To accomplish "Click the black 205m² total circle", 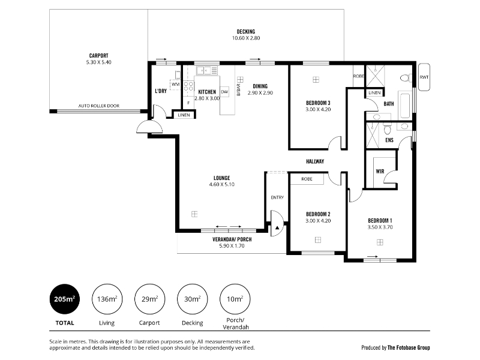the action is point(65,299).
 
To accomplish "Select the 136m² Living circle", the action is point(107,299).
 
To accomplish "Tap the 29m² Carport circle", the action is point(149,299).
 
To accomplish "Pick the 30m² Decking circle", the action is point(192,299).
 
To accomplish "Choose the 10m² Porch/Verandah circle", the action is point(235,299).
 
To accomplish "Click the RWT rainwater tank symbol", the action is point(424,77).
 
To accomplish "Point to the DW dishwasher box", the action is point(224,92).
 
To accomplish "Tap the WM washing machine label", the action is point(176,84).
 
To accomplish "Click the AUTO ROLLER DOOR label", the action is point(99,106).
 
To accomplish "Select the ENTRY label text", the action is point(277,197).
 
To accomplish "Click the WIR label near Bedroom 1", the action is point(380,172).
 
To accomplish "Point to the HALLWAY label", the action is point(315,161).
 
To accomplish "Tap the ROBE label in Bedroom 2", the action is point(307,179).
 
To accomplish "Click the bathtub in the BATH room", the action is point(404,104).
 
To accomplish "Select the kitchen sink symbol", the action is point(207,71).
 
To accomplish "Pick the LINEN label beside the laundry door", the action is point(184,115).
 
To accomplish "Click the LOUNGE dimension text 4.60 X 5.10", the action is point(221,184).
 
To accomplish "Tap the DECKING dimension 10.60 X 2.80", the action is point(246,38).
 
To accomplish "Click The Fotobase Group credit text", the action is point(409,347).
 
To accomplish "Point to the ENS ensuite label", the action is point(389,140).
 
